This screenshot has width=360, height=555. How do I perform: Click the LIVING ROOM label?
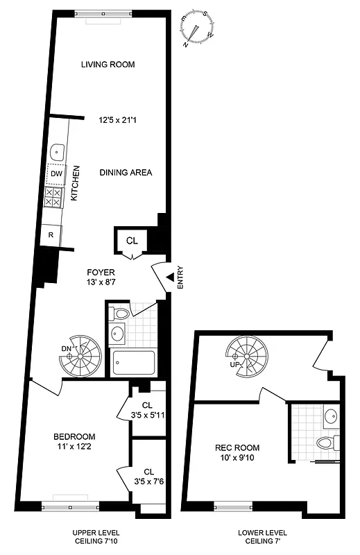[108, 65]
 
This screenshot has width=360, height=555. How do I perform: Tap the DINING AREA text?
[126, 173]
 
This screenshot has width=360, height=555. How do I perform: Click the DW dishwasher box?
[56, 174]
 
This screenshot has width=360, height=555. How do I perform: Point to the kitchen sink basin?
[57, 152]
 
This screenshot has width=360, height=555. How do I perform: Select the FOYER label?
[101, 272]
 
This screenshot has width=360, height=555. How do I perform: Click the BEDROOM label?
[74, 436]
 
